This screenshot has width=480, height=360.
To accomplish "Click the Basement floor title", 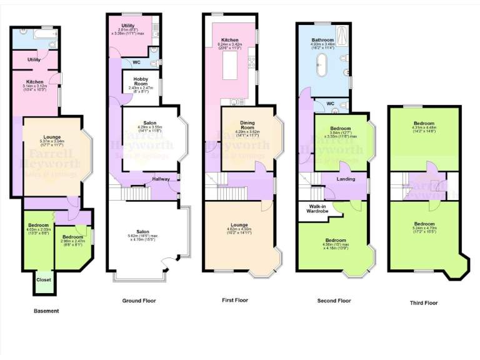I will click(x=46, y=311).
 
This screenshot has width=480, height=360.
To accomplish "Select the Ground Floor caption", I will click(x=139, y=301).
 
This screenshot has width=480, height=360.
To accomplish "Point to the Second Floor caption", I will click(x=335, y=301).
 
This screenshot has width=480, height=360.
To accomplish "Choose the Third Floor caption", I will click(x=424, y=303).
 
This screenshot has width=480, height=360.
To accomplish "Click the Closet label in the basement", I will click(x=44, y=279).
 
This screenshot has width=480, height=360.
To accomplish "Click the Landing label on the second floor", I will click(x=345, y=179).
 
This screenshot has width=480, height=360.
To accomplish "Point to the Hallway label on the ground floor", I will click(x=161, y=179).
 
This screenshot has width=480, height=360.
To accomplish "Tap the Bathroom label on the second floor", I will click(x=323, y=40).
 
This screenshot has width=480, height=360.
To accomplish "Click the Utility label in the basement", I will click(x=34, y=60).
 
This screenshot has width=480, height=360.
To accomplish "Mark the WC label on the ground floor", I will click(x=136, y=62).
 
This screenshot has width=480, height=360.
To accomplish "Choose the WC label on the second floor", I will click(x=331, y=103).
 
